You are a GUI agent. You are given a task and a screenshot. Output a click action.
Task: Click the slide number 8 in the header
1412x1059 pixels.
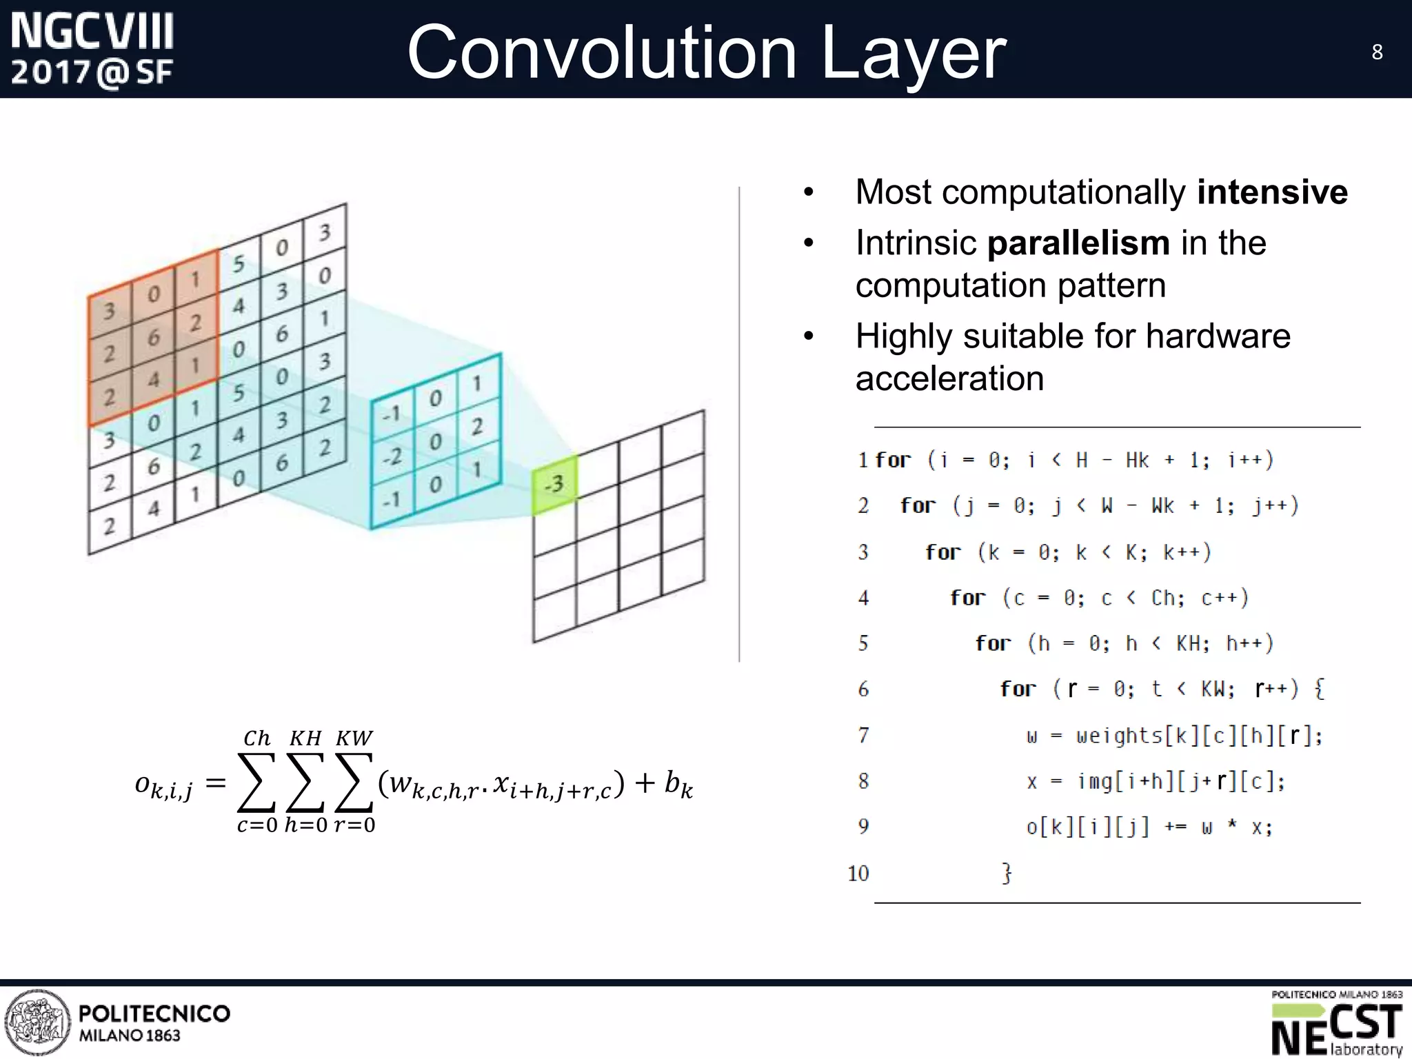click(1377, 52)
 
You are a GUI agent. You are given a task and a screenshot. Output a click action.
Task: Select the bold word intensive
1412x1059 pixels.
click(1272, 192)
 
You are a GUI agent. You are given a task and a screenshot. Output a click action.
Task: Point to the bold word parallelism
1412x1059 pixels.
click(1078, 243)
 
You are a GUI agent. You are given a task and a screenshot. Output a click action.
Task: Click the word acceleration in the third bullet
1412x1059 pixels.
click(949, 378)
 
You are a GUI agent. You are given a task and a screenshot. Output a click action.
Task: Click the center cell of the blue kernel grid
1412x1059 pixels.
click(435, 441)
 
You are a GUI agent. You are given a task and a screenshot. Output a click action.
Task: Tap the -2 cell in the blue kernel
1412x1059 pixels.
click(392, 456)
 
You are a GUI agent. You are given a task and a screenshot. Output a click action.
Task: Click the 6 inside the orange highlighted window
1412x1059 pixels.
click(154, 337)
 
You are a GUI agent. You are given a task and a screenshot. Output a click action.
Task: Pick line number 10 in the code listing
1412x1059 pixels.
click(858, 874)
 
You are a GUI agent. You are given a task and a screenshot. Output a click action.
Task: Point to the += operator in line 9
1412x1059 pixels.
click(1175, 827)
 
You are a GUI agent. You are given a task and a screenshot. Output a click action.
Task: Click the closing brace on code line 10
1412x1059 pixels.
click(1007, 873)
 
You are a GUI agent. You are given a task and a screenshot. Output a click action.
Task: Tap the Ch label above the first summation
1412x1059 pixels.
click(256, 738)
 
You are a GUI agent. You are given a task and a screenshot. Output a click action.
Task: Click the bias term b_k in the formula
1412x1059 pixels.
click(678, 784)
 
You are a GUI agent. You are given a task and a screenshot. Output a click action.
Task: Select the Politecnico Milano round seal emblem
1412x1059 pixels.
click(37, 1022)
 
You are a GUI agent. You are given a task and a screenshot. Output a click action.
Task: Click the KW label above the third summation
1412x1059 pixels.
click(354, 738)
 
